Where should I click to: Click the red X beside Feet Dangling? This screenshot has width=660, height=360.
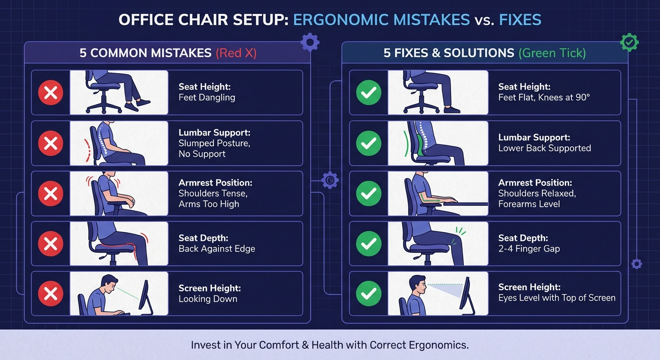(x=51, y=92)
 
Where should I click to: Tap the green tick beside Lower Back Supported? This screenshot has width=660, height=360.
(x=369, y=143)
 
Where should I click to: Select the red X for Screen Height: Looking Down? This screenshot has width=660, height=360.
(x=51, y=293)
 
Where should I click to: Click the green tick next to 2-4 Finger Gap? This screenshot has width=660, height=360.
(x=369, y=243)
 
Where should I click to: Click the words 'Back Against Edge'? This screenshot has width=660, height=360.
(x=217, y=248)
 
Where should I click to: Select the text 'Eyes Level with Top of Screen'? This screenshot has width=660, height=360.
(x=556, y=298)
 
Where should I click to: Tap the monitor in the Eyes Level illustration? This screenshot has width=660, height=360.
(x=466, y=295)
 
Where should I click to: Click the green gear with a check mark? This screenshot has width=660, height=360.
(x=629, y=43)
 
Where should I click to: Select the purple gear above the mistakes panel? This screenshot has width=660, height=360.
(x=310, y=43)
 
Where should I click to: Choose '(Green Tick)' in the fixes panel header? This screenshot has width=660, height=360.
(x=552, y=52)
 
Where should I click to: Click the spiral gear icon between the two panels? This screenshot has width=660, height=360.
(x=330, y=180)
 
